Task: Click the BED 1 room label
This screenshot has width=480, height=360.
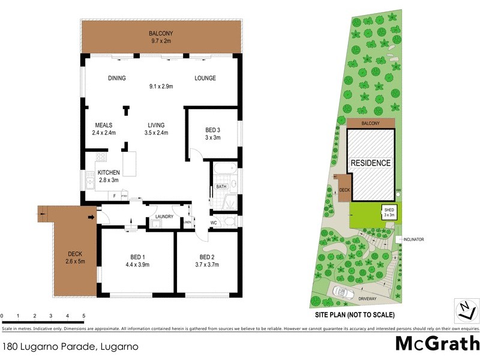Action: pyautogui.click(x=137, y=256)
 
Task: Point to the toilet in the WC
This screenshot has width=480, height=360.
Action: pyautogui.click(x=229, y=223)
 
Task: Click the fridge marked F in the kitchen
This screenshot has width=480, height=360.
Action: pyautogui.click(x=114, y=196)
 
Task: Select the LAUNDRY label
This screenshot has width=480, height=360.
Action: pyautogui.click(x=164, y=217)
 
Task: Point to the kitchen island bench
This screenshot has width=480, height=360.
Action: pyautogui.click(x=130, y=163)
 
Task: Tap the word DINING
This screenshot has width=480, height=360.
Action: pyautogui.click(x=116, y=79)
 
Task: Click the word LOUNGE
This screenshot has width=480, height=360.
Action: pyautogui.click(x=205, y=79)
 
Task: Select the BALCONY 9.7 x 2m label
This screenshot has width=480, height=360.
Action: pyautogui.click(x=161, y=37)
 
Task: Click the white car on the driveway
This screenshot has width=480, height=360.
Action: pyautogui.click(x=345, y=292)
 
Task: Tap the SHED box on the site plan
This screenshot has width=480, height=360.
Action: pyautogui.click(x=389, y=211)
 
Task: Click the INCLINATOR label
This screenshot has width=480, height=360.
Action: pyautogui.click(x=413, y=239)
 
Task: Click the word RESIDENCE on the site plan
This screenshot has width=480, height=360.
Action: pyautogui.click(x=371, y=163)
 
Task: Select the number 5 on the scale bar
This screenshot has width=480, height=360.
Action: pyautogui.click(x=83, y=316)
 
